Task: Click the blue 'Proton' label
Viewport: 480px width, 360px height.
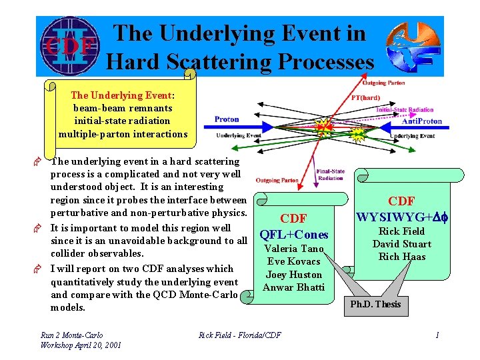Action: pyautogui.click(x=227, y=120)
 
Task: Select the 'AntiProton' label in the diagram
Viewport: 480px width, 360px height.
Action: pyautogui.click(x=422, y=121)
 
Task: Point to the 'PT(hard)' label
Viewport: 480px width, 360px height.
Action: pyautogui.click(x=365, y=97)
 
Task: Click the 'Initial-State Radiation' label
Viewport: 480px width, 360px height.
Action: pyautogui.click(x=405, y=109)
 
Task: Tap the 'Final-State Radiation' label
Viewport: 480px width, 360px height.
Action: pyautogui.click(x=331, y=174)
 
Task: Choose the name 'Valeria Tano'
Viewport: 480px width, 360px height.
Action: pyautogui.click(x=294, y=249)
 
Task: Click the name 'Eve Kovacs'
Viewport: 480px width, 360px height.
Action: pyautogui.click(x=294, y=261)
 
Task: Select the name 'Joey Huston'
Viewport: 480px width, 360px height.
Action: pyautogui.click(x=294, y=275)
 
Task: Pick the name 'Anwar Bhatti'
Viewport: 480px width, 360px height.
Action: pyautogui.click(x=294, y=287)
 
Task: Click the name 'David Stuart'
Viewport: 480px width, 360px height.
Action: pyautogui.click(x=401, y=244)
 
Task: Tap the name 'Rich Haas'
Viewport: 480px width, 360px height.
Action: pyautogui.click(x=401, y=257)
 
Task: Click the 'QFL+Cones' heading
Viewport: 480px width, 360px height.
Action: pyautogui.click(x=294, y=234)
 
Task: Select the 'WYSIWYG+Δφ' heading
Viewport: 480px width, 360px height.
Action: pyautogui.click(x=401, y=217)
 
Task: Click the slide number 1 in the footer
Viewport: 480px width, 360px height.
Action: pyautogui.click(x=437, y=335)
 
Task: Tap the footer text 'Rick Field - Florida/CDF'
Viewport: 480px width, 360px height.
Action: pyautogui.click(x=240, y=335)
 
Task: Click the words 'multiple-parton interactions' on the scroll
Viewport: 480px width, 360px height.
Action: pyautogui.click(x=123, y=134)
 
